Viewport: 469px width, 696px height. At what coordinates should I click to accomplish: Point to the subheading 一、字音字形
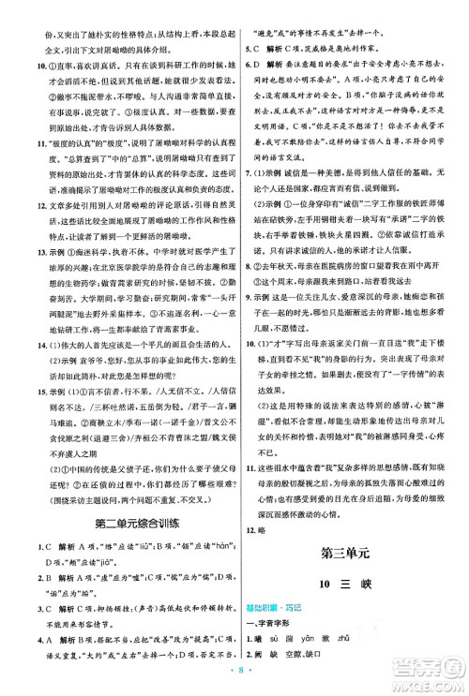[x=270, y=615]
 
